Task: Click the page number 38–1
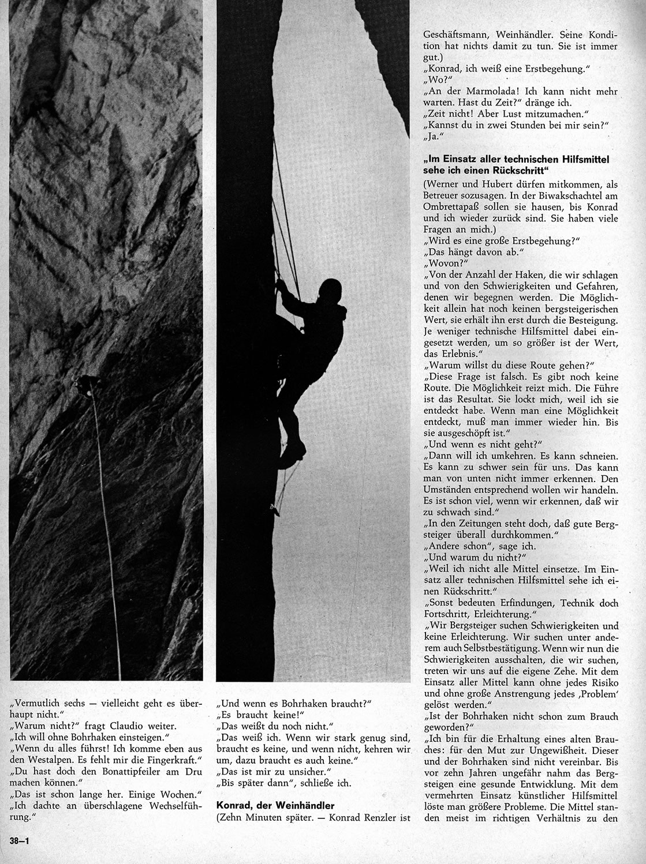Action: [19, 840]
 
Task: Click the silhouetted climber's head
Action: [330, 289]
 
